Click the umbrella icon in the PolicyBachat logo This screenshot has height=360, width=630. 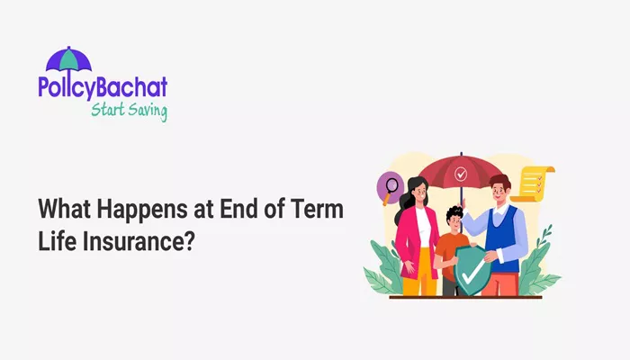tap(68, 59)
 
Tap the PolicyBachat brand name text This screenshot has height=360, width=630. tap(103, 87)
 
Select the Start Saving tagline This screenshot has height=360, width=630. tap(129, 111)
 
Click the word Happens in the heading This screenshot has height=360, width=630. tap(142, 210)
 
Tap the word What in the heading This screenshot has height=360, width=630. tap(64, 209)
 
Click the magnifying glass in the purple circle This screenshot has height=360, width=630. tap(390, 190)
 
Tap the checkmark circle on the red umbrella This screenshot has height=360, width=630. tap(461, 175)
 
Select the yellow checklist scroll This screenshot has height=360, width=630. tap(533, 184)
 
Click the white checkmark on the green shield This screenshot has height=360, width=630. tap(472, 271)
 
